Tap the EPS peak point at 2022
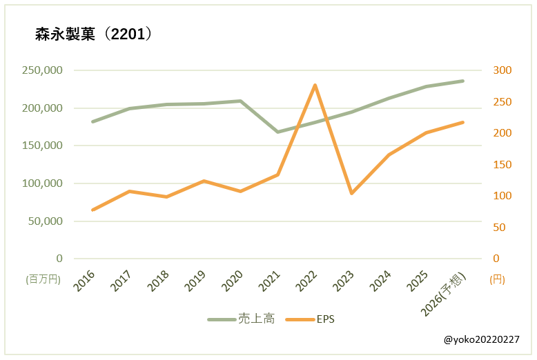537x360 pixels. coord(315,85)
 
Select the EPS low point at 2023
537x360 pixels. coord(351,193)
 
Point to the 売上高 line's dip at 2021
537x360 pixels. coord(277,132)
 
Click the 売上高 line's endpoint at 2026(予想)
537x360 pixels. coord(462,81)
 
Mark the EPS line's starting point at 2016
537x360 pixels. coord(92,210)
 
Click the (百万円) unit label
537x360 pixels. coord(43,279)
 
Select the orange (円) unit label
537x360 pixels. coord(497,279)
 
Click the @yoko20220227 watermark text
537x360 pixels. coord(482,340)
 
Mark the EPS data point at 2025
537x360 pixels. coord(426,132)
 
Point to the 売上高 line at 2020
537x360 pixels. coord(240,101)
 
